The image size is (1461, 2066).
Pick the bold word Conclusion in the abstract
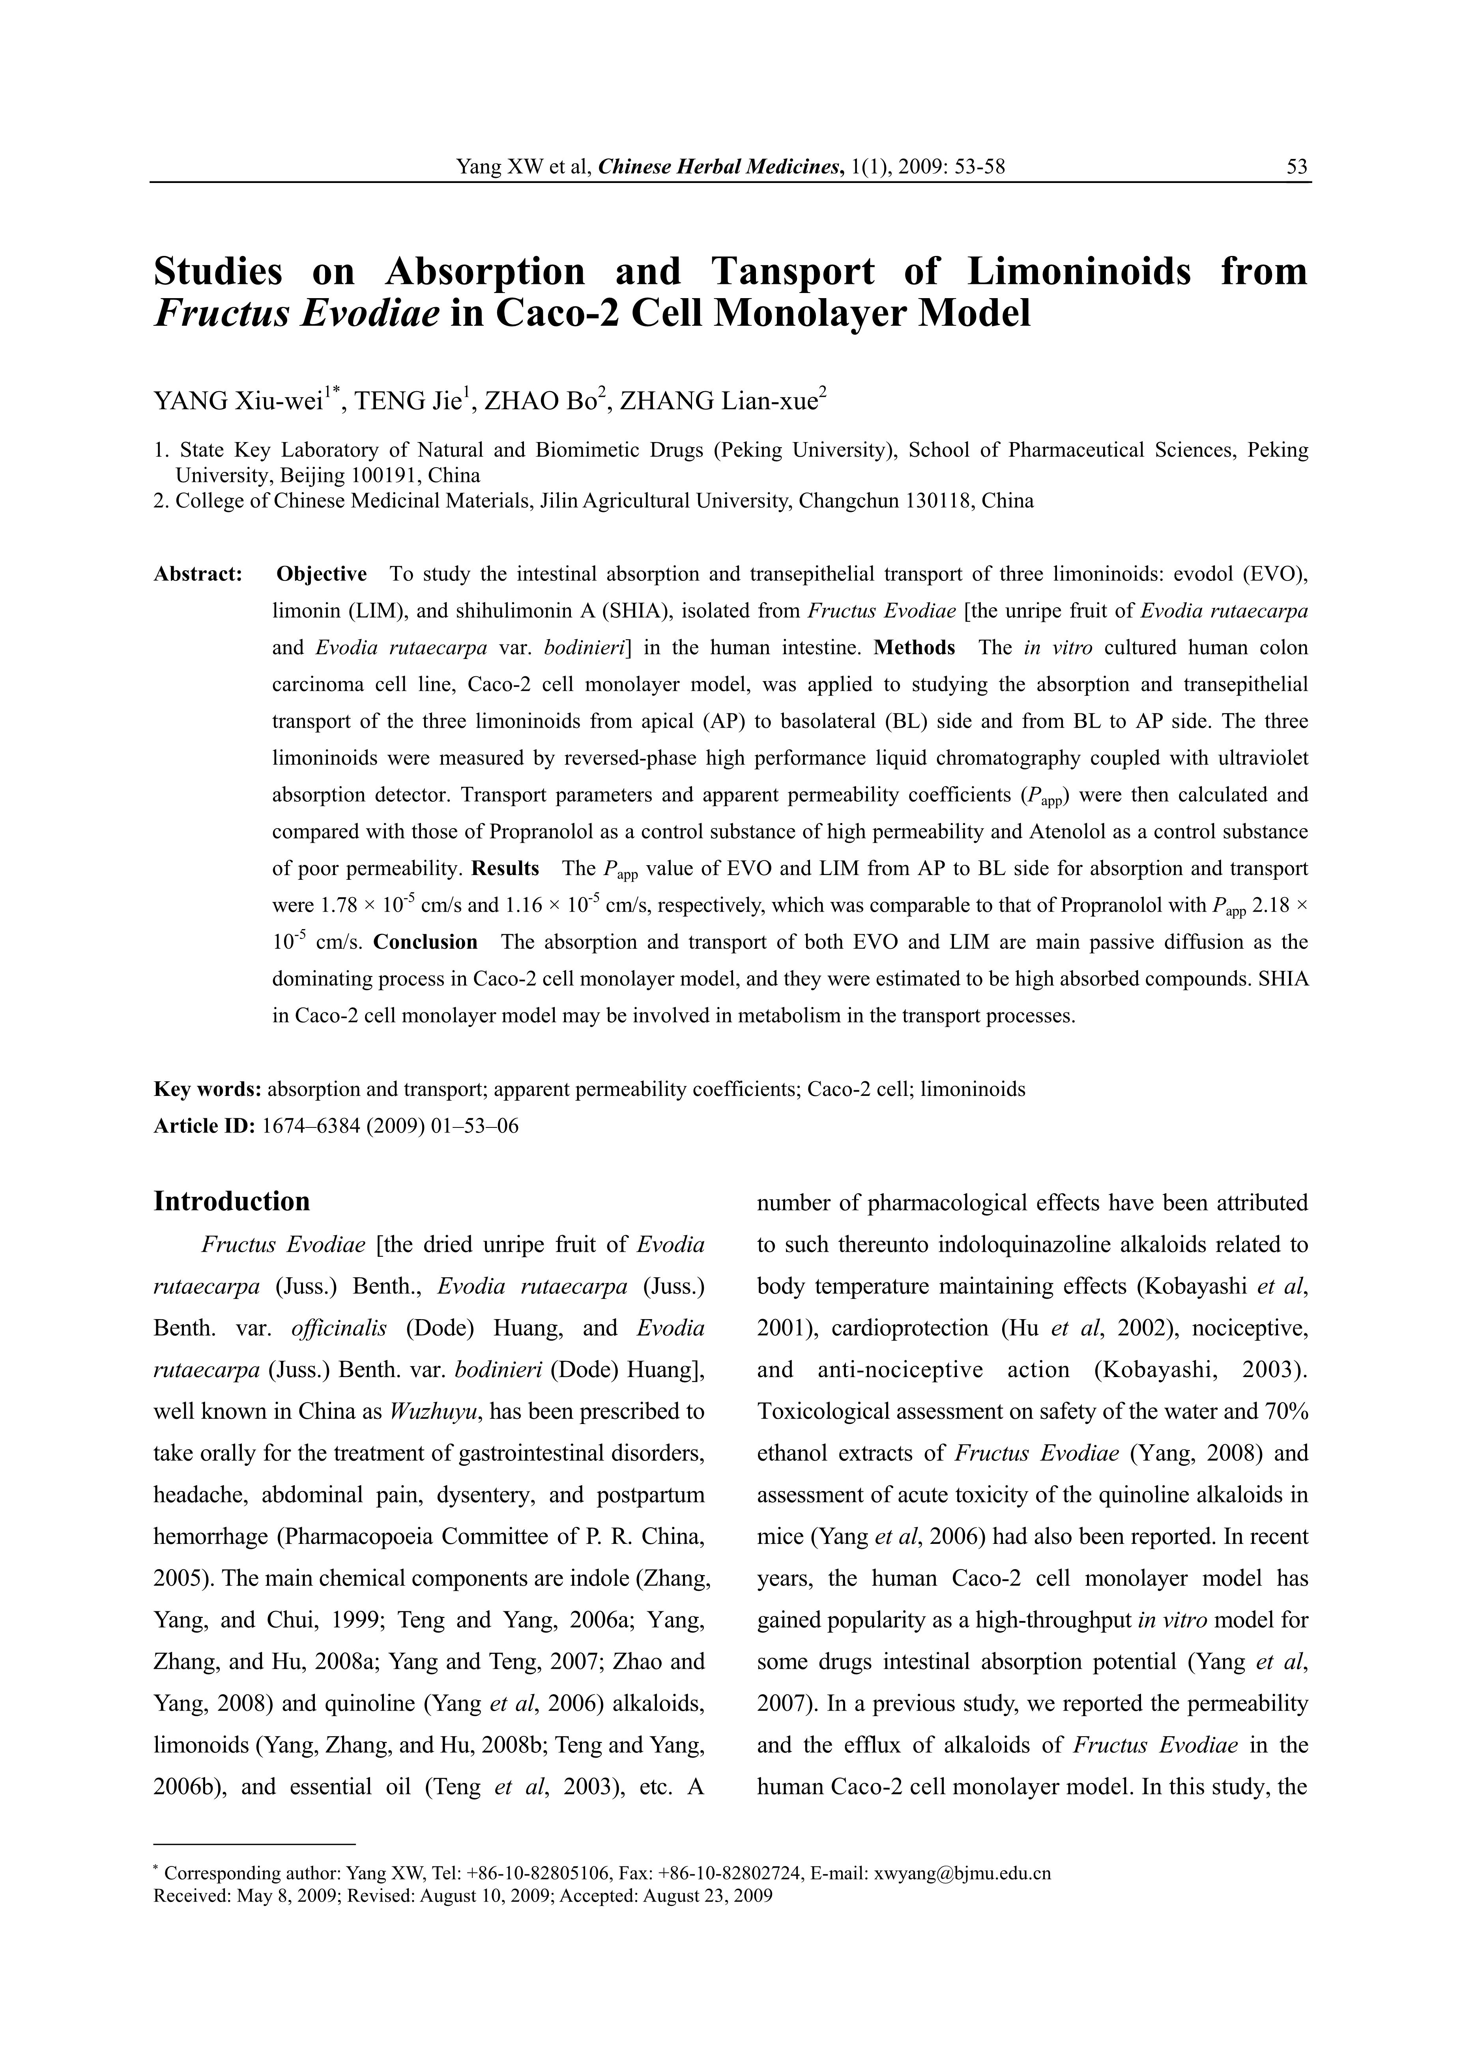point(426,942)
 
